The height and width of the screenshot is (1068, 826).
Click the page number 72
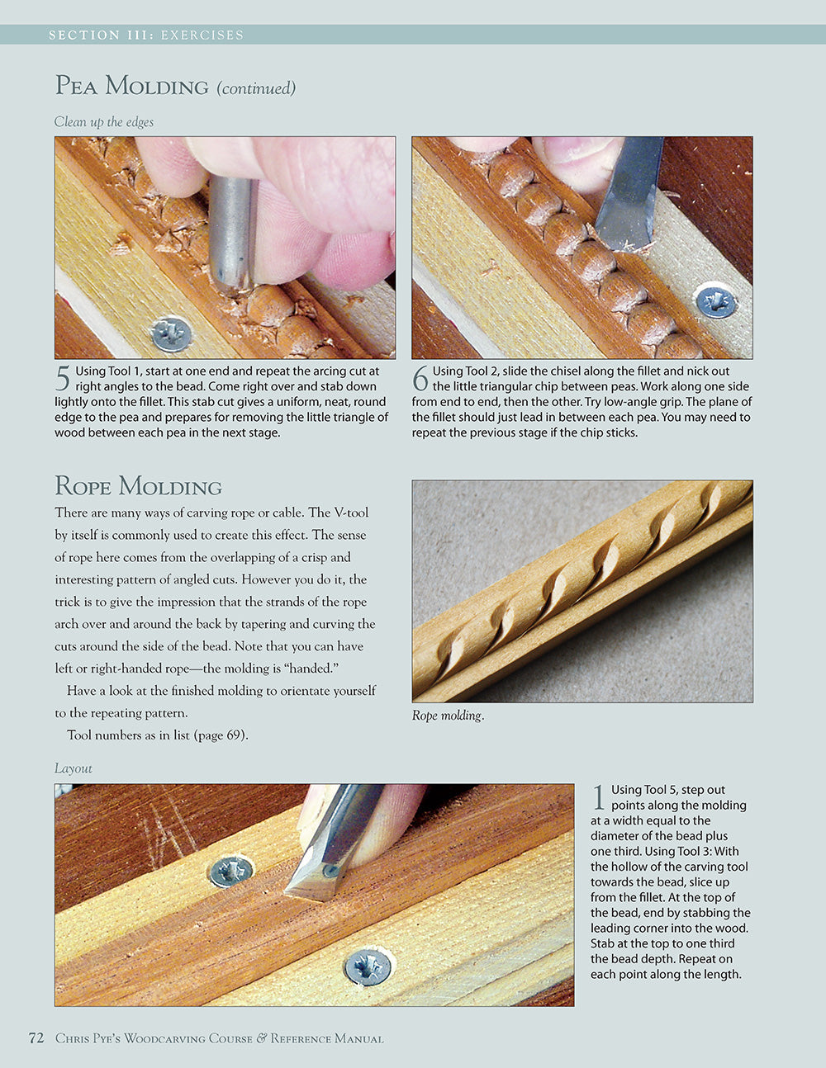coord(36,1038)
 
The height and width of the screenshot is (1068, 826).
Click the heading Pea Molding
coord(131,86)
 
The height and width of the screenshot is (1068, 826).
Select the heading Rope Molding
coord(138,485)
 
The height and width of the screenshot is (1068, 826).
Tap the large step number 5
coord(63,379)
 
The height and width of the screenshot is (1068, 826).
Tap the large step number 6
coord(420,379)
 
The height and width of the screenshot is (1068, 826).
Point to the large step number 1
coord(599,797)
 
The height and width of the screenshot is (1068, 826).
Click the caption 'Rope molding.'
coord(448,716)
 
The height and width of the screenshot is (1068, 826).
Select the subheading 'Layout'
coord(73,768)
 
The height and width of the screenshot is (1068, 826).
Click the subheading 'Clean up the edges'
coord(103,122)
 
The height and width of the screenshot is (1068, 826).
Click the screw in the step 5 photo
coord(172,334)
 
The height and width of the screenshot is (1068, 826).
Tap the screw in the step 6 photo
coord(715,301)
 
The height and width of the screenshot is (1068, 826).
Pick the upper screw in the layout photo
coord(231,872)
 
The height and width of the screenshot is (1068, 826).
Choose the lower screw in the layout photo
coord(368,966)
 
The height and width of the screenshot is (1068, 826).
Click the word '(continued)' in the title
coord(256,88)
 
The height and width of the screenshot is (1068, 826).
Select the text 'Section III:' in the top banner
coord(101,35)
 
